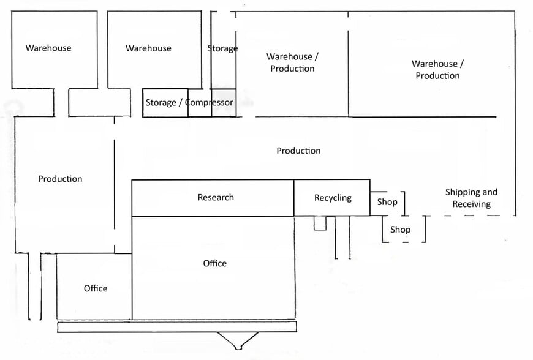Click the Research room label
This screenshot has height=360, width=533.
coord(216,197)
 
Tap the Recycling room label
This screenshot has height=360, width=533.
coord(333,198)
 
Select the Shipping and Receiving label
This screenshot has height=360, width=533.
coord(471,198)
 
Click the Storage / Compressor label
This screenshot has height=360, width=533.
coord(189,103)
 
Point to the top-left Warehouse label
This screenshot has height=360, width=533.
coord(48,48)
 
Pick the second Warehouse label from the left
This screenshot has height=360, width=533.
coord(148,48)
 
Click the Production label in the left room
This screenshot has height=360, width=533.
coord(60,179)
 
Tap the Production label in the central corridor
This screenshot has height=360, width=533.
coord(298,151)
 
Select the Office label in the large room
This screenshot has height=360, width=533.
coord(215,263)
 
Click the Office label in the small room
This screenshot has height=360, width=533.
coord(96,288)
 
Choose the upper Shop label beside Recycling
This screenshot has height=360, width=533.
coord(387,201)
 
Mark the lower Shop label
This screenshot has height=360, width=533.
coord(400,230)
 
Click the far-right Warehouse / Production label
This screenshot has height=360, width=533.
coord(437,70)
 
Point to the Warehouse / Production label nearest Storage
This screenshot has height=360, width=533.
coord(292,62)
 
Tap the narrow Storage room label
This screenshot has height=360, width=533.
coord(223,48)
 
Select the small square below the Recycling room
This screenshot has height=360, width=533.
coord(320,223)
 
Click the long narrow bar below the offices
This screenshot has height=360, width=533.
coord(177,328)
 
